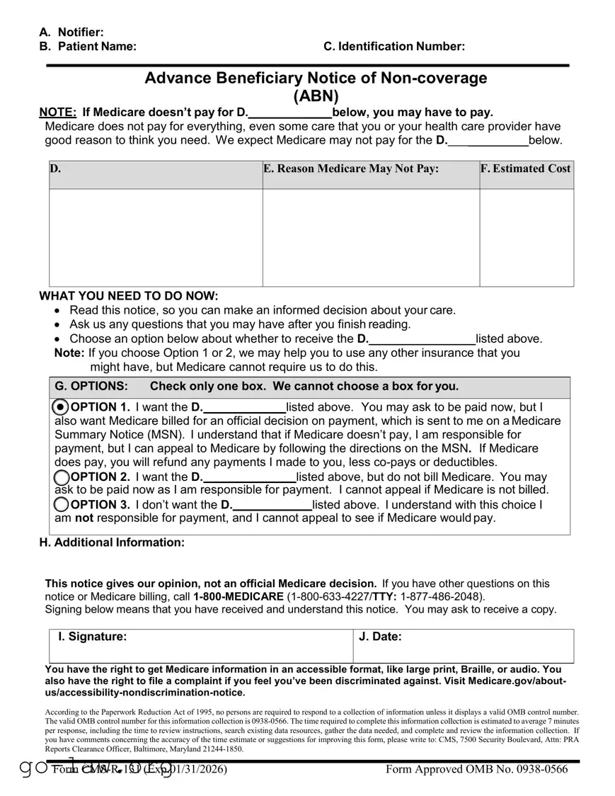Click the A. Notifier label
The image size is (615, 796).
tap(71, 32)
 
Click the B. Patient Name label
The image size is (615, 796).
tap(88, 47)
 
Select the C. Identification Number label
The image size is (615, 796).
tap(394, 47)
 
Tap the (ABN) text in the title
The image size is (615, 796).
tap(316, 96)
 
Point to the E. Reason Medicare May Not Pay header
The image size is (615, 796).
tap(351, 169)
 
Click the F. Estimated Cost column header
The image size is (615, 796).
tap(526, 169)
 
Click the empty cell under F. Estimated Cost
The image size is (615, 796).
tap(526, 237)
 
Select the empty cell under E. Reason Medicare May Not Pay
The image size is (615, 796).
tap(370, 237)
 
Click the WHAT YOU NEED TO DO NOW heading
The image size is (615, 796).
tap(129, 296)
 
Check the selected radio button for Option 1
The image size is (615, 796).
tap(62, 407)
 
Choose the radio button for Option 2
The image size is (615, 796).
tap(62, 477)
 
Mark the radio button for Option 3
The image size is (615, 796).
tap(62, 504)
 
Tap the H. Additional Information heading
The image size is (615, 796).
tap(112, 542)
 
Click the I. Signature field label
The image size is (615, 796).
tap(93, 637)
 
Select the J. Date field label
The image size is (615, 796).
tap(380, 637)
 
